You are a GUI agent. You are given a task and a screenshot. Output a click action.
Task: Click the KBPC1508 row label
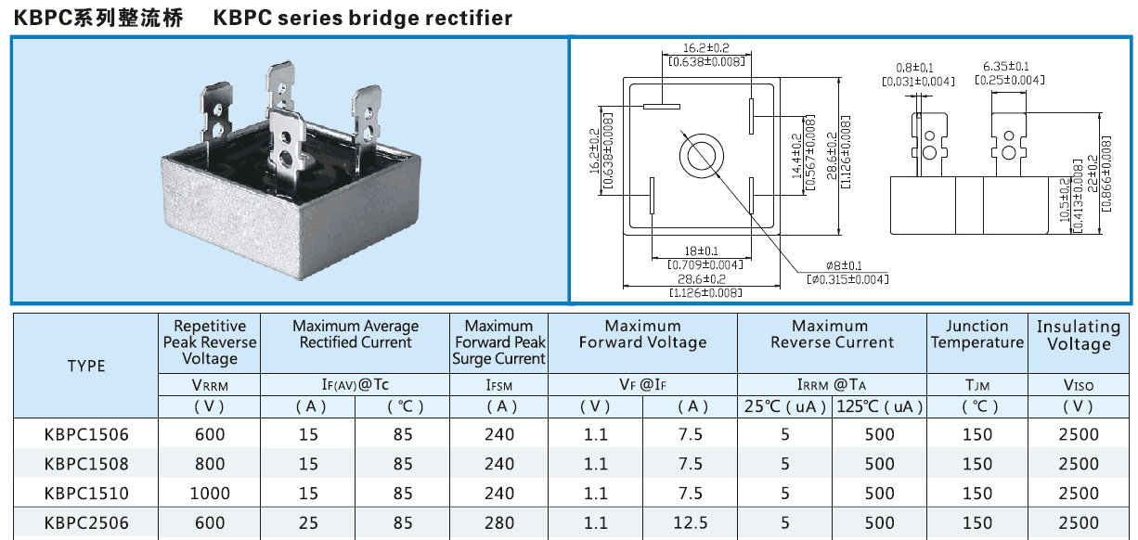[x=86, y=463]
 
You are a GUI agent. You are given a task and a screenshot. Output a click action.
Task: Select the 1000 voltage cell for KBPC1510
[x=210, y=493]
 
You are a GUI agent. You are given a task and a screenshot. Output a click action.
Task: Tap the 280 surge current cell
[x=499, y=522]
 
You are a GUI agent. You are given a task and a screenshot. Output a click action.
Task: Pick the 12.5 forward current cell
[x=691, y=522]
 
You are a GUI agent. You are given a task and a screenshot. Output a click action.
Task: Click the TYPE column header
[x=86, y=366]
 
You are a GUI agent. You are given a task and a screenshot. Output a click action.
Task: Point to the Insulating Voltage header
[x=1079, y=335]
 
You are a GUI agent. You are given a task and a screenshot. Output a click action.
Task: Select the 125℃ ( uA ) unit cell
[x=880, y=406]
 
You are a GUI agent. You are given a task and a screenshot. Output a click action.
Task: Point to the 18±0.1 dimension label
[x=702, y=251]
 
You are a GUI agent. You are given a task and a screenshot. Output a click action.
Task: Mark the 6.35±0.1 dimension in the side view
[x=1006, y=66]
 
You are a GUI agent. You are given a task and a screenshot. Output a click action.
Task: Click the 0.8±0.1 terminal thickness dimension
[x=915, y=68]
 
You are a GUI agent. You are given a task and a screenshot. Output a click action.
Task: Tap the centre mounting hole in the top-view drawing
[x=701, y=155]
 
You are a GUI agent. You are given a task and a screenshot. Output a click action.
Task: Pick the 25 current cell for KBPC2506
[x=308, y=522]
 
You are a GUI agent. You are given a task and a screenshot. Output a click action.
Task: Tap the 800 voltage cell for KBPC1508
[x=210, y=463]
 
